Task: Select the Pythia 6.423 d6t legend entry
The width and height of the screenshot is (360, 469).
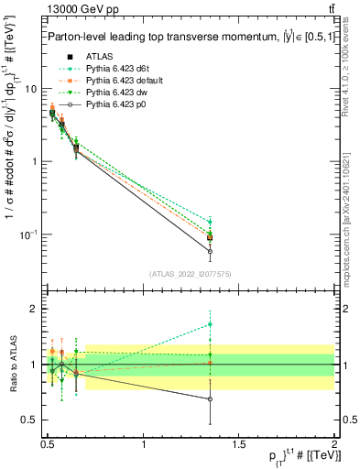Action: pos(114,68)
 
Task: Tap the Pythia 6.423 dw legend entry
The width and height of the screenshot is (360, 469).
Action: pos(113,93)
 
